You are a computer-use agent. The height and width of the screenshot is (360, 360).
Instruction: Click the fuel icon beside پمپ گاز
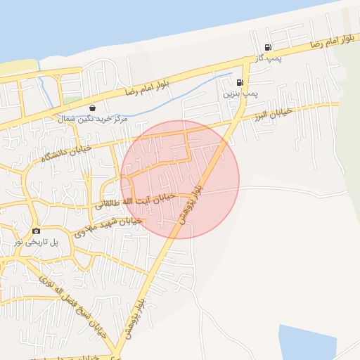pos(267,48)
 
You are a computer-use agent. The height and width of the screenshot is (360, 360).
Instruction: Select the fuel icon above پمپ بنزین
pos(240,82)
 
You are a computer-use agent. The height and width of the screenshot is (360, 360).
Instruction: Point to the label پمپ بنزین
pos(237,93)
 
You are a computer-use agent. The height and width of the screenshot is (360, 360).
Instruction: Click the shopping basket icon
pos(93,108)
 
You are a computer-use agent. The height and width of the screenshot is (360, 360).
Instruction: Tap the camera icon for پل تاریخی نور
pos(36,231)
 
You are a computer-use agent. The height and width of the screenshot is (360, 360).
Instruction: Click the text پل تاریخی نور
pos(35,241)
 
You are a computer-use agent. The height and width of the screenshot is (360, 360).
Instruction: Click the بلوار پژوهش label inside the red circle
pos(191,205)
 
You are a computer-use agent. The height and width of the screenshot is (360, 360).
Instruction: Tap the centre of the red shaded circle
pos(180,179)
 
